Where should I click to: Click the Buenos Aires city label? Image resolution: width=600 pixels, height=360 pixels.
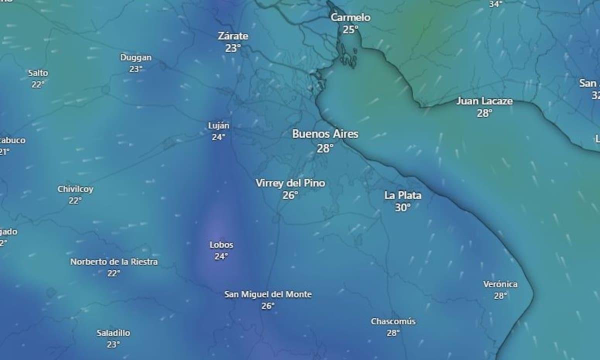pos(325,134)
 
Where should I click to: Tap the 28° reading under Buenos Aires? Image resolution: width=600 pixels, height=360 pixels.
pos(325,148)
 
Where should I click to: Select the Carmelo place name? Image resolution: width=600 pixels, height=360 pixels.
pos(350,17)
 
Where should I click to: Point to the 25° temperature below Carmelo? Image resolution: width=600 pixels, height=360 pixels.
pos(350,30)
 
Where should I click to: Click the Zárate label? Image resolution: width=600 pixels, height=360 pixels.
pos(233,36)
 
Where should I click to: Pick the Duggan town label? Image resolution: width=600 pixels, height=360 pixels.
pos(135,57)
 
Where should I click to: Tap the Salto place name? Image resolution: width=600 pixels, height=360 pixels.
pos(38,73)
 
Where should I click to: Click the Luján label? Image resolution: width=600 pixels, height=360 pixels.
pos(218,125)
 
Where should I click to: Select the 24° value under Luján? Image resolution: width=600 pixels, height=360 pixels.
pos(218,137)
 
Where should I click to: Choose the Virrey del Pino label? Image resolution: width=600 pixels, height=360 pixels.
pos(290,183)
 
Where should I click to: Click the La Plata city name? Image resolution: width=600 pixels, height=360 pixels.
pos(402,195)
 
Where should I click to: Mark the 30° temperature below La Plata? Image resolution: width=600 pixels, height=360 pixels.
pos(402,207)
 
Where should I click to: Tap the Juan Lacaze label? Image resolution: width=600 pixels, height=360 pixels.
pos(484,101)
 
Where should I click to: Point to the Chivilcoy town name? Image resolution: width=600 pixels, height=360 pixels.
pos(75,189)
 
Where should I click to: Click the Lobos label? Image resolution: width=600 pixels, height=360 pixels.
pos(221,245)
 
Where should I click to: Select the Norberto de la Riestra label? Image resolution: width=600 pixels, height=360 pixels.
pos(113,261)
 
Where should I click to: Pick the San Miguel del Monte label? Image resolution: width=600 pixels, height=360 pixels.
pos(268,294)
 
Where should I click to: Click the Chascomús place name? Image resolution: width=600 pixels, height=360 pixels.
pos(393,321)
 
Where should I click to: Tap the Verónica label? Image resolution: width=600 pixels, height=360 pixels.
pos(500,284)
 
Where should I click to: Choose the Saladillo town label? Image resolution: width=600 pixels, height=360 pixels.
pos(113,333)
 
